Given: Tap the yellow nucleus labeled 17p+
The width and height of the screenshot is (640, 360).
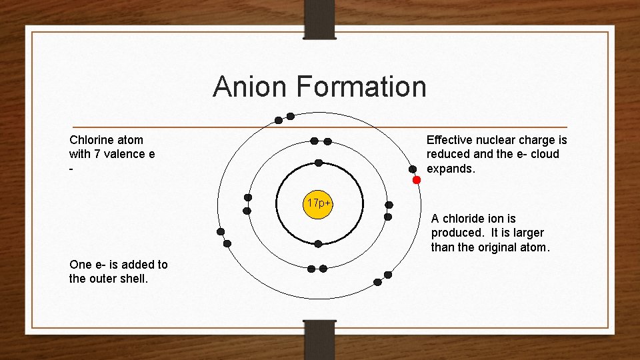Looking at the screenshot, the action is [319, 203].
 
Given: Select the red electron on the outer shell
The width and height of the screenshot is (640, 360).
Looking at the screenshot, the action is [417, 180].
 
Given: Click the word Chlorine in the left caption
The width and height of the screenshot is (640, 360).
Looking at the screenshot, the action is [91, 140].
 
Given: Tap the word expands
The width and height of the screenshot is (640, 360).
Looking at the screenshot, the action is [451, 169].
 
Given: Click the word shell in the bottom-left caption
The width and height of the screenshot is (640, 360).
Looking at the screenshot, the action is [134, 279].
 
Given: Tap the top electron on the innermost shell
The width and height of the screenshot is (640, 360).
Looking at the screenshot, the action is [319, 163].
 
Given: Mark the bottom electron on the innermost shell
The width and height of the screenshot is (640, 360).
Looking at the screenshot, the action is [318, 243].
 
